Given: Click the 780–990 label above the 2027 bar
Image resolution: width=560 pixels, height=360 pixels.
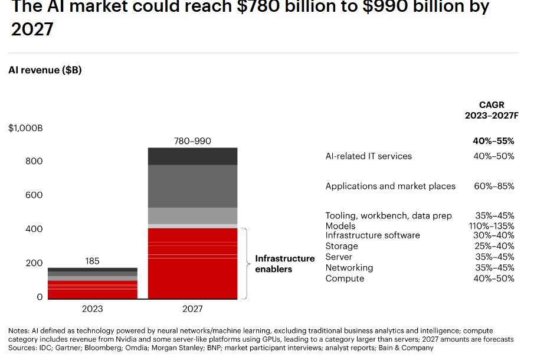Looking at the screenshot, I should (192, 141).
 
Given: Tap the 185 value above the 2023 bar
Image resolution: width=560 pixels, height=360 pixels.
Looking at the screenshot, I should (92, 261).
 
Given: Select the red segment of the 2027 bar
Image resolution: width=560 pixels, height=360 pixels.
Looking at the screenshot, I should (192, 263).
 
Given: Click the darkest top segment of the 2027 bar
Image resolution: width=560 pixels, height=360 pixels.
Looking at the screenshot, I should (192, 156).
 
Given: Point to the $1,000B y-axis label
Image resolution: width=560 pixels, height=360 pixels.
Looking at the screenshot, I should (25, 128).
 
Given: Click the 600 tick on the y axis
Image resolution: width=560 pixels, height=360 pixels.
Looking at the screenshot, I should (34, 195).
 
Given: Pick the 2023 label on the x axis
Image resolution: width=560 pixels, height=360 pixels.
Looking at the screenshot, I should (92, 309).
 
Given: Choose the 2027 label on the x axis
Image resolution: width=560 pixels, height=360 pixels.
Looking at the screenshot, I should (192, 309).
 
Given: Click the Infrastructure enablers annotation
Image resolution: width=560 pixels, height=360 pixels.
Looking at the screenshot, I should (284, 264).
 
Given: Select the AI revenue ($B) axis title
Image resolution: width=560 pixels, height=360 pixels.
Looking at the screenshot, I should (45, 70).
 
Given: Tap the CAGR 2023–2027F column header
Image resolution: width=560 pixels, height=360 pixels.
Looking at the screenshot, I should (491, 110).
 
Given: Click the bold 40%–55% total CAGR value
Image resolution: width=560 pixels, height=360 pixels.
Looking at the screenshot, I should (493, 141).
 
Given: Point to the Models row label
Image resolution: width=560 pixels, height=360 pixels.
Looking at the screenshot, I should (340, 226).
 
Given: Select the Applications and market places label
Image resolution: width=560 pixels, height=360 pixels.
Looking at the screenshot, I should (390, 186).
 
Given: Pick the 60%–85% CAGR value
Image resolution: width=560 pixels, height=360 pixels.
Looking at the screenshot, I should (494, 186).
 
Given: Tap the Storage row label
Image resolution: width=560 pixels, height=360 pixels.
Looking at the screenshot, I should (342, 246).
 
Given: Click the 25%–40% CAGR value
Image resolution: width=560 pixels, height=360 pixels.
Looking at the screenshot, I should (494, 246).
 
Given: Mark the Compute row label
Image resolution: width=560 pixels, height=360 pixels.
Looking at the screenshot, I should (345, 279).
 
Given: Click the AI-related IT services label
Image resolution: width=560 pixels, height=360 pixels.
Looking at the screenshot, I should (368, 156).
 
